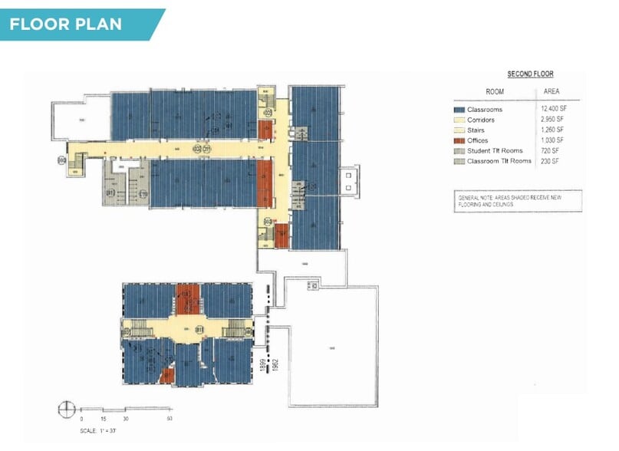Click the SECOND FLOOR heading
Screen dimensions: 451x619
pyautogui.click(x=530, y=74)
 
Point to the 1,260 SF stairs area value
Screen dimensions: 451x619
pyautogui.click(x=552, y=130)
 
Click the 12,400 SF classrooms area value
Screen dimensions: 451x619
pyautogui.click(x=552, y=110)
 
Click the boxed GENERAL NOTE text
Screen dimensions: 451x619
pyautogui.click(x=517, y=201)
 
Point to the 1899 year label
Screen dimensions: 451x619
pyautogui.click(x=262, y=364)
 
